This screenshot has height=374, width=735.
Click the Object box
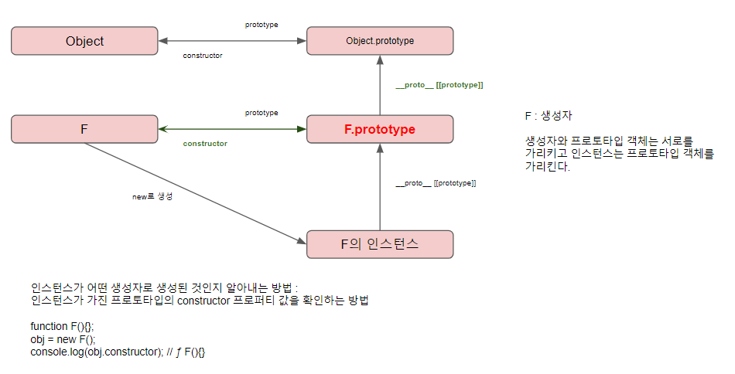[84, 41]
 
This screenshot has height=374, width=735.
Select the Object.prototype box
[380, 41]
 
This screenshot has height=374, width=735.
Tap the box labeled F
[84, 129]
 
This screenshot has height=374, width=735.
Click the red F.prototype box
[380, 129]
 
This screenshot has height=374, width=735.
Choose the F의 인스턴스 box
[380, 244]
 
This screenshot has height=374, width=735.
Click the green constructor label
[205, 144]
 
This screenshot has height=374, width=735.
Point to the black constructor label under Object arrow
[203, 56]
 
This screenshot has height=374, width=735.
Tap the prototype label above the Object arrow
[262, 25]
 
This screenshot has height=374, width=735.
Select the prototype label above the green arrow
[262, 113]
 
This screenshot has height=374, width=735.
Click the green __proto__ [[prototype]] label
[439, 84]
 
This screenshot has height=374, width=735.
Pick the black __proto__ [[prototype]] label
[436, 183]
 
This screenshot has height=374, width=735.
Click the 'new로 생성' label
[152, 197]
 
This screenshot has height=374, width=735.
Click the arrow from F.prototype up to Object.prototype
[380, 89]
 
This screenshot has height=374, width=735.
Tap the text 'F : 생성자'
[548, 116]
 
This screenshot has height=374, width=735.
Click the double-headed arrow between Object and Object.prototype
[232, 41]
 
